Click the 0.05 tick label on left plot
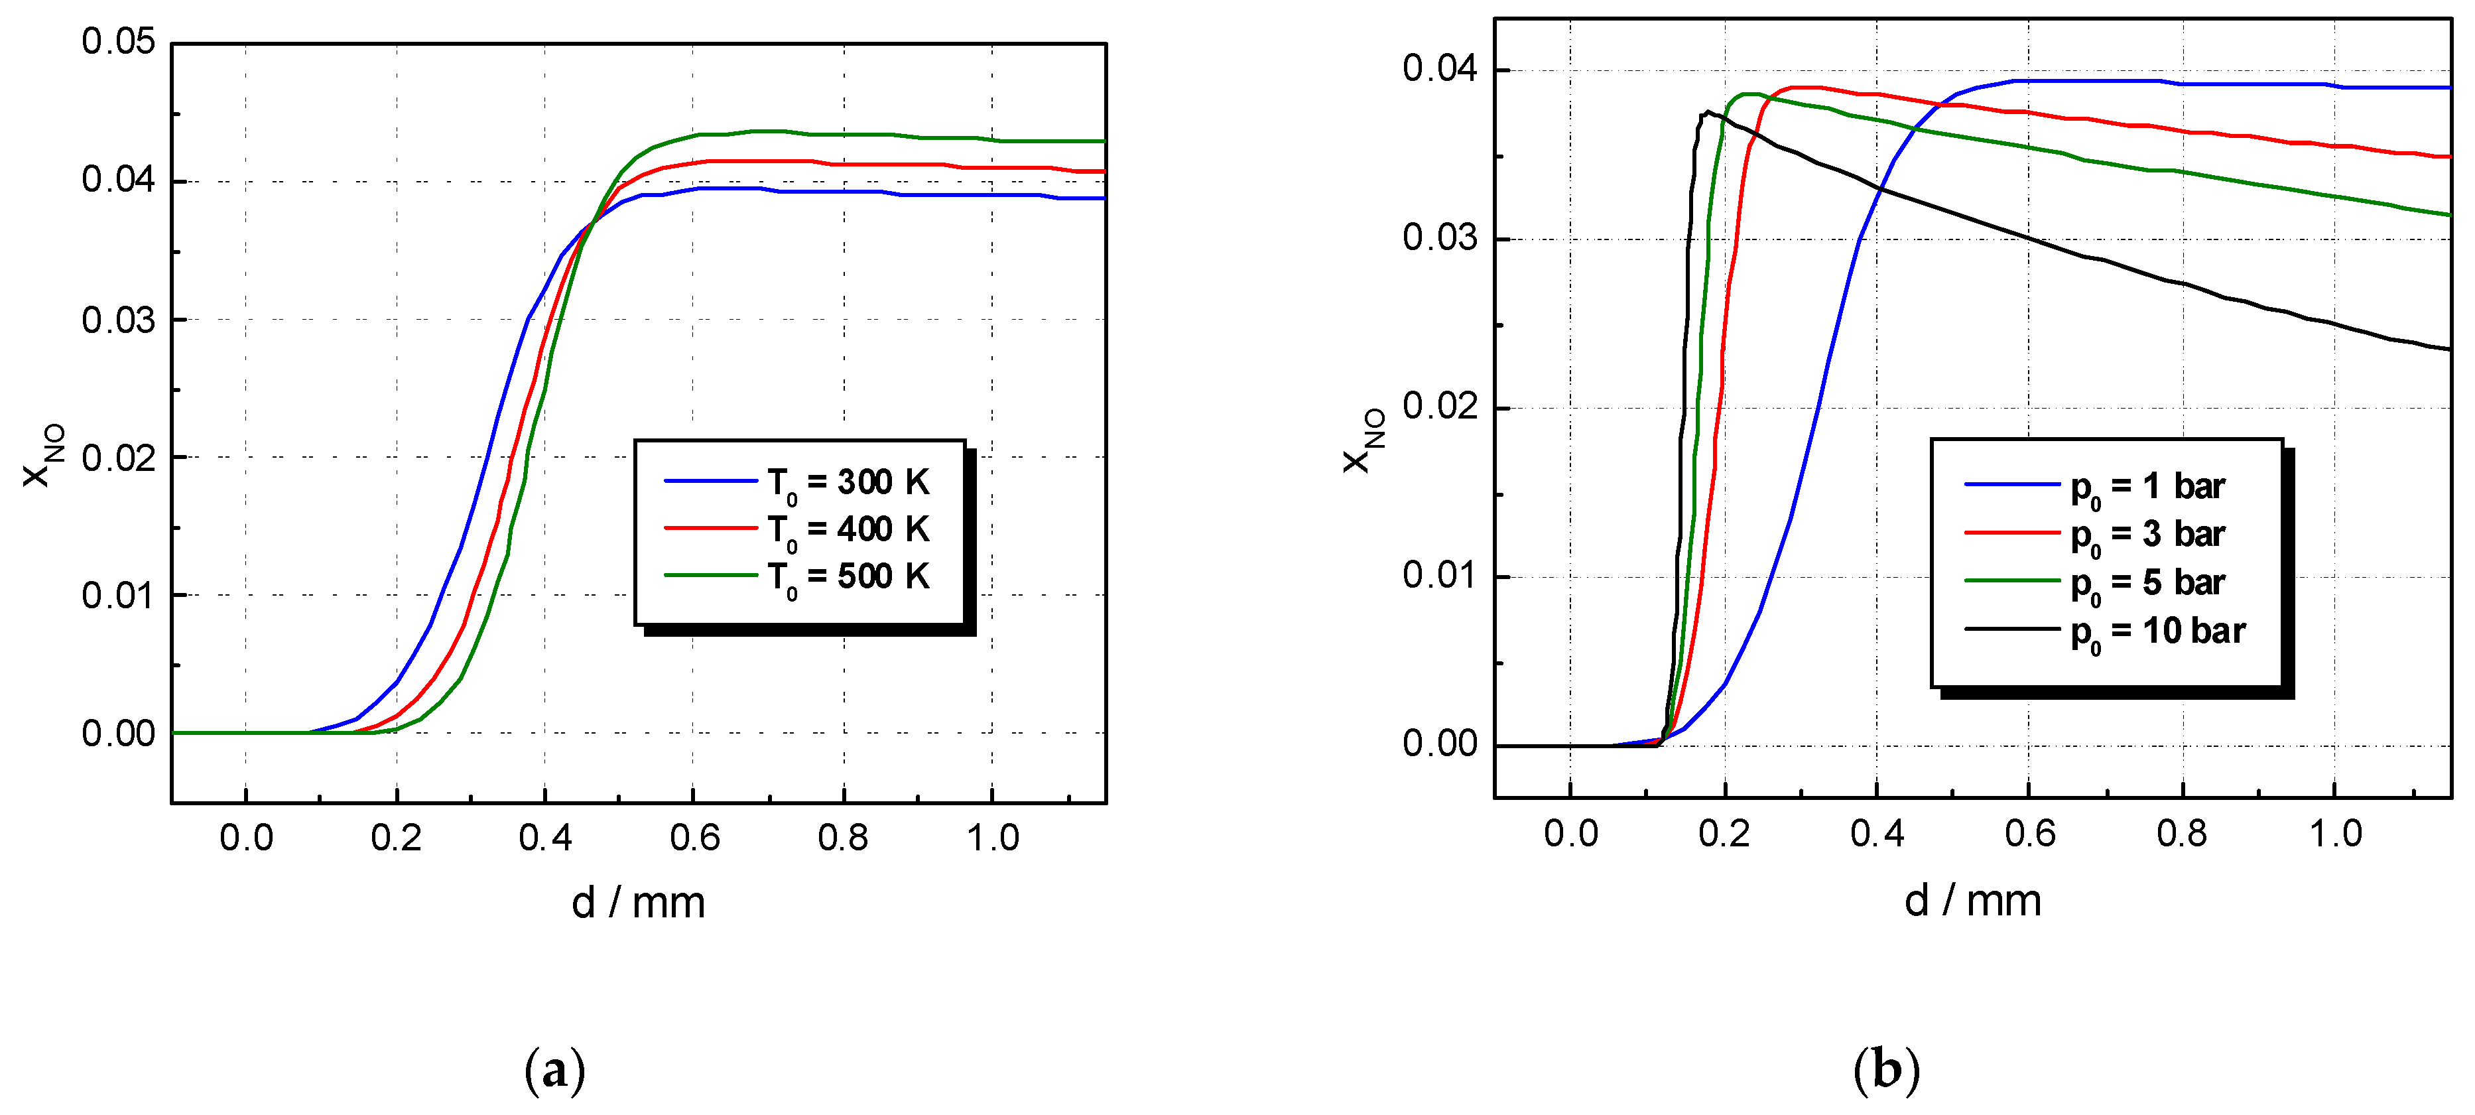(117, 42)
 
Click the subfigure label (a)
(555, 1070)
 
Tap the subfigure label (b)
(1886, 1070)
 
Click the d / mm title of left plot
(638, 903)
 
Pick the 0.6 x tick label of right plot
(2029, 833)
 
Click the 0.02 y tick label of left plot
(117, 458)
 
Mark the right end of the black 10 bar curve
(2448, 349)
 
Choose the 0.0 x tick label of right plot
(1570, 833)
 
